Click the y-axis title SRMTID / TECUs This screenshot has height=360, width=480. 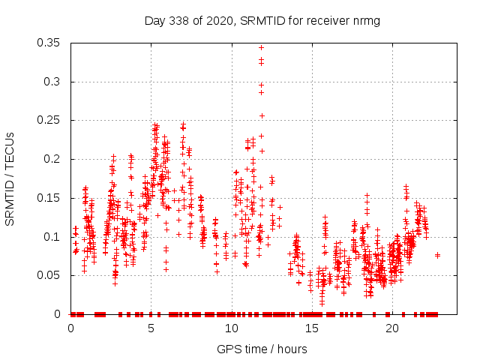(10, 178)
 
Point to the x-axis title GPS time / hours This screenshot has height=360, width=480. (262, 349)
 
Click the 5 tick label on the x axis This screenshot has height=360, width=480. (151, 328)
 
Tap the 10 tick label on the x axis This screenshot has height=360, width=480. (232, 328)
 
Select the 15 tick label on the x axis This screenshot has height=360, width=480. (312, 328)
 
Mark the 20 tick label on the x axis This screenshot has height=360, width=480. (392, 328)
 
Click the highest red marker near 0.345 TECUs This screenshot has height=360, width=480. (261, 48)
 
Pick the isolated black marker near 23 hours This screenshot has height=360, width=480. (437, 255)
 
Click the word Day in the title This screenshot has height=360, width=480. (154, 21)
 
